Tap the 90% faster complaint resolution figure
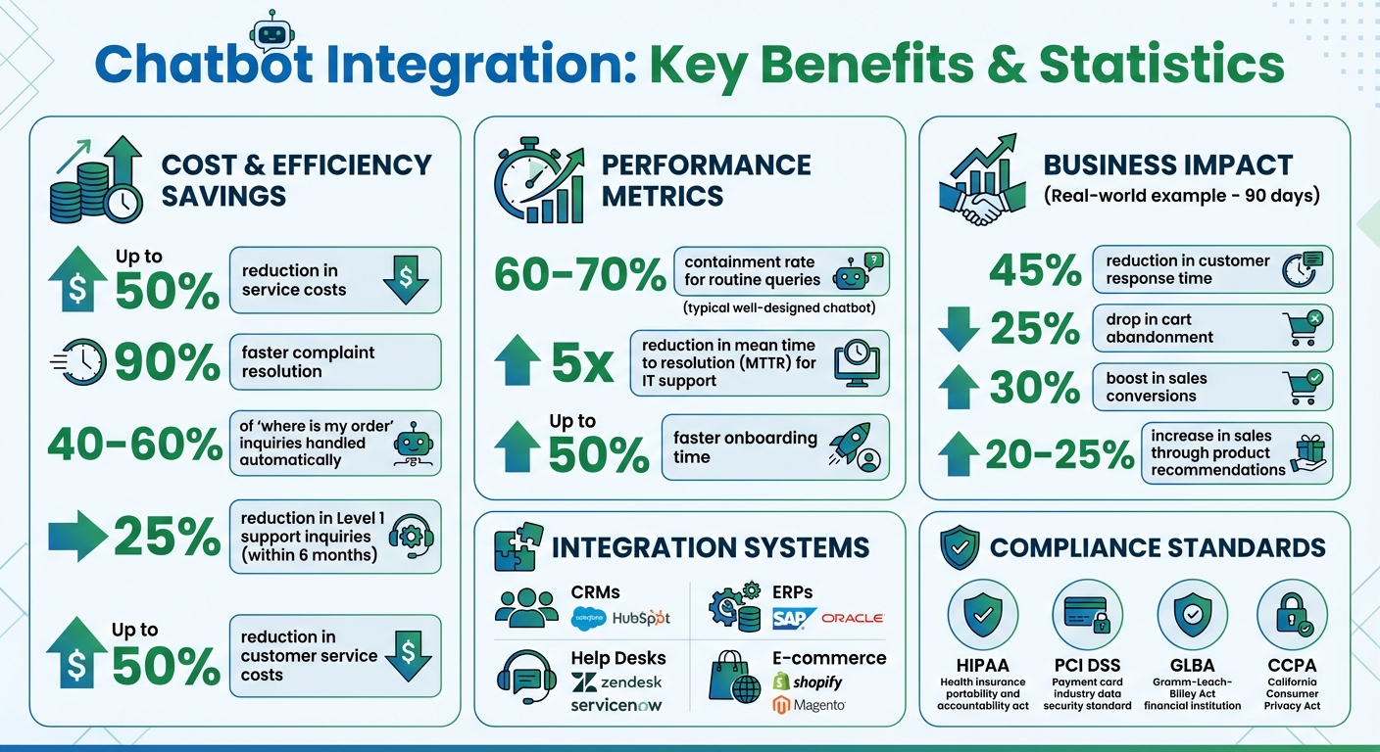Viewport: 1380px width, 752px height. (x=167, y=363)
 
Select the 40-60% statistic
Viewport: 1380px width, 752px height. (x=135, y=446)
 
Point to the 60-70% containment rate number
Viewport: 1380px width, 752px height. (x=580, y=275)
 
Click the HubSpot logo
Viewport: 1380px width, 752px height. (x=641, y=618)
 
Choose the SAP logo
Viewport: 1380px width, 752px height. (x=794, y=618)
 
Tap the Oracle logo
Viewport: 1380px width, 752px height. (x=853, y=618)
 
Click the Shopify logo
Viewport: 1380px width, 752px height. (x=808, y=681)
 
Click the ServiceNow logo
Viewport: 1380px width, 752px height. (x=616, y=705)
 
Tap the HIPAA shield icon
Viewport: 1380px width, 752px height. (x=982, y=615)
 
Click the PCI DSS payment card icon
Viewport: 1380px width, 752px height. (x=1087, y=615)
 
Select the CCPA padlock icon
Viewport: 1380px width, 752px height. (x=1291, y=615)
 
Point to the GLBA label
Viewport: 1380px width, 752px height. (x=1192, y=666)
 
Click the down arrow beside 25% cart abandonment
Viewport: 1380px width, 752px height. (x=959, y=329)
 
